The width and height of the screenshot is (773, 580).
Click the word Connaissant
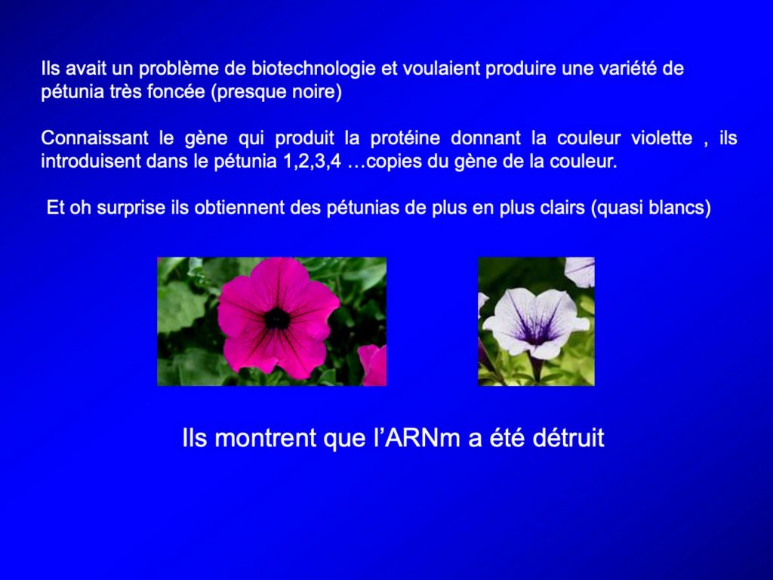pos(94,137)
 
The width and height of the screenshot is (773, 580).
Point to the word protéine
pos(405,137)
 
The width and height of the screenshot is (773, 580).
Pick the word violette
pos(661,137)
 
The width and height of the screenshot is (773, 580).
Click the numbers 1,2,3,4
pos(312,162)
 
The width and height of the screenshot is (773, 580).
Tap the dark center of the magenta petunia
pos(277,319)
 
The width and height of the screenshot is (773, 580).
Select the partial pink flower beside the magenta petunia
pos(373,366)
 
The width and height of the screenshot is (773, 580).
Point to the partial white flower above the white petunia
pos(580,271)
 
